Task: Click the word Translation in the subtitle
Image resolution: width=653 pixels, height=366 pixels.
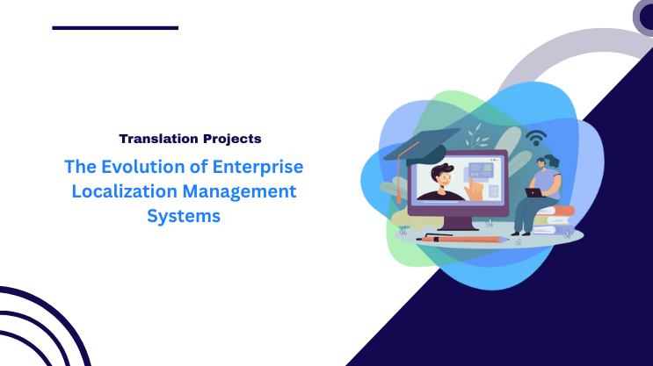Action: tap(157, 139)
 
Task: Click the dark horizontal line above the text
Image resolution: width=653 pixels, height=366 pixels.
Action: tap(115, 28)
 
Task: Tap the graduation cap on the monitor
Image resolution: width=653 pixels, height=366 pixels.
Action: tap(419, 143)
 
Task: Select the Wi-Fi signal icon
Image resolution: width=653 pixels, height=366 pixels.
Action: tap(535, 140)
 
